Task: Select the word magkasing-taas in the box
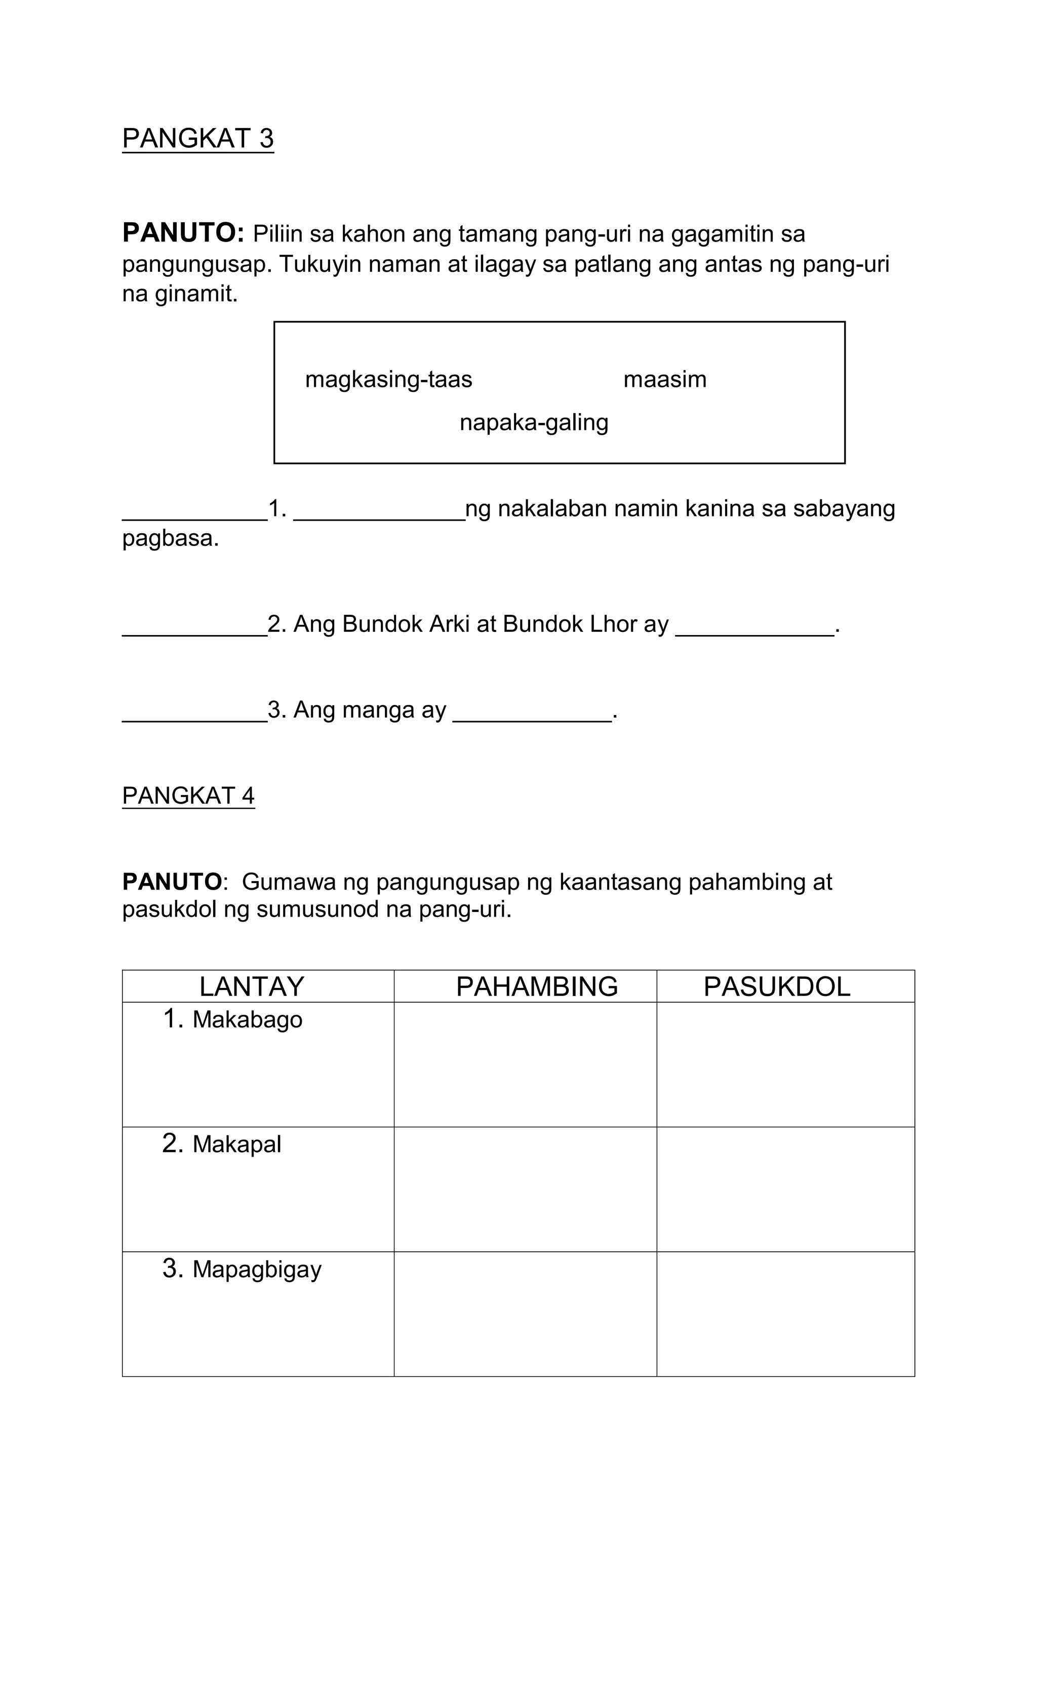click(x=388, y=380)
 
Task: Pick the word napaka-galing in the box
click(x=533, y=423)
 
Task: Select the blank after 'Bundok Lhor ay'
click(x=754, y=629)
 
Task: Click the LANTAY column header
click(x=252, y=986)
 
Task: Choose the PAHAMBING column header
click(x=537, y=986)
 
